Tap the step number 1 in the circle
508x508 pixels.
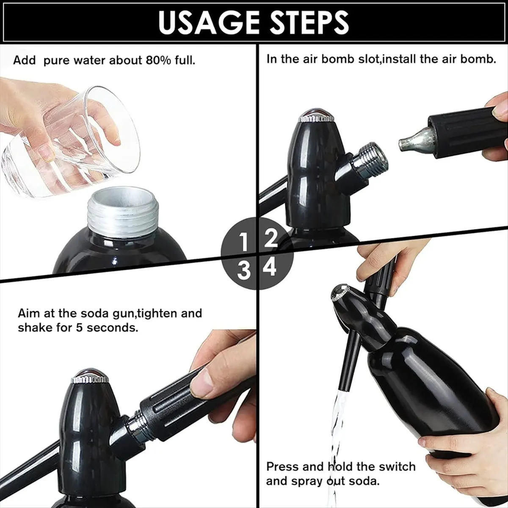243,243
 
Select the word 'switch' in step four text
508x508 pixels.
396,467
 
